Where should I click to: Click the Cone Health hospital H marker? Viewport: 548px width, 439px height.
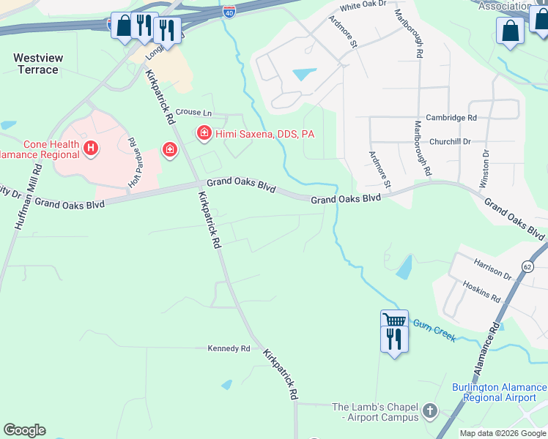tap(90, 149)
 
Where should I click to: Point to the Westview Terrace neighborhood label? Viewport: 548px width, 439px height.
tap(36, 64)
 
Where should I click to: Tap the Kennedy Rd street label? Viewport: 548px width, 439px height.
tap(229, 348)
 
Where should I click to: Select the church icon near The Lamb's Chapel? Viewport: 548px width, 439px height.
tap(430, 411)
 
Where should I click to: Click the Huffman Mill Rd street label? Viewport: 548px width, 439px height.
tap(27, 198)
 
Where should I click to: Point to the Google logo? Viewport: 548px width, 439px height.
tap(24, 430)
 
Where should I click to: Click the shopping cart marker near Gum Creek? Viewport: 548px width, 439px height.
tap(394, 320)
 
